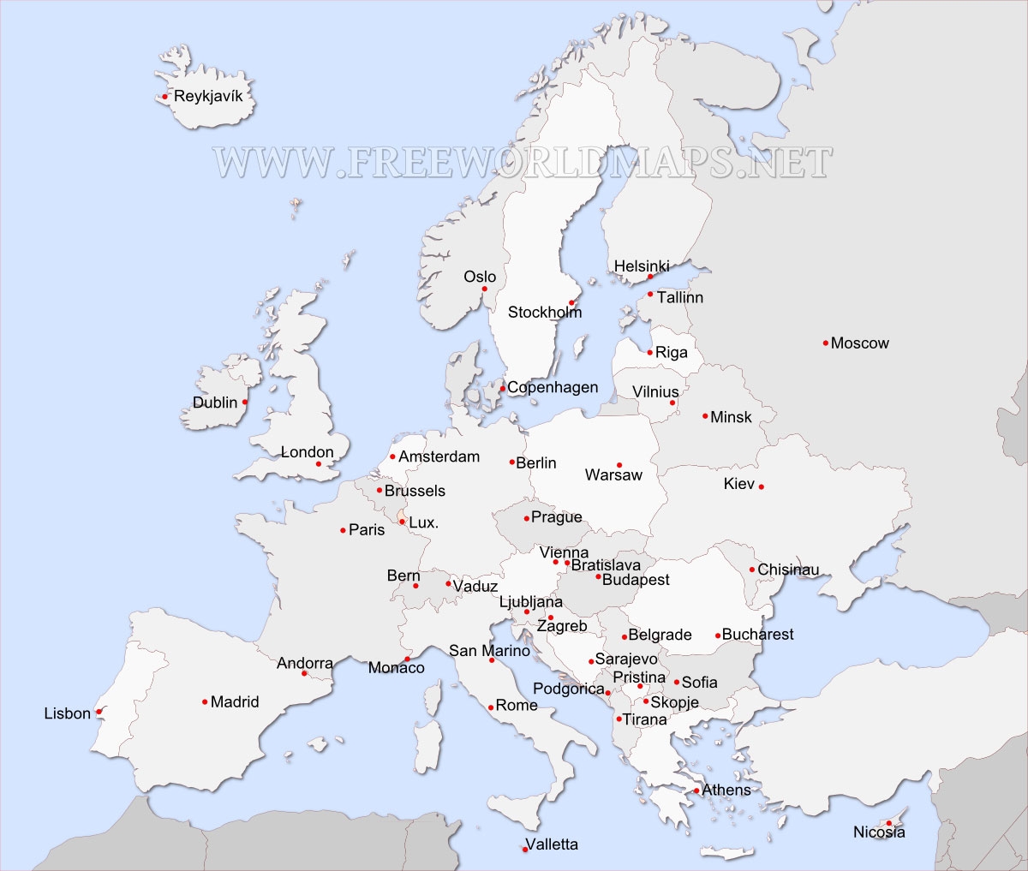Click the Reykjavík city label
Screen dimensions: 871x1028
pyautogui.click(x=208, y=96)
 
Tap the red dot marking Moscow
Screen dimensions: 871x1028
pyautogui.click(x=825, y=343)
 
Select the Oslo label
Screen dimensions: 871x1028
pyautogui.click(x=480, y=277)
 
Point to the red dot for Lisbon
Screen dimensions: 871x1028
pyautogui.click(x=99, y=712)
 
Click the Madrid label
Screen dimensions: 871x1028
pyautogui.click(x=235, y=702)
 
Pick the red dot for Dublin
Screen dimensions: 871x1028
pyautogui.click(x=245, y=402)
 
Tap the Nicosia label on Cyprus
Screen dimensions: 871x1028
pyautogui.click(x=879, y=832)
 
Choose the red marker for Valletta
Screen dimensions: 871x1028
pyautogui.click(x=524, y=850)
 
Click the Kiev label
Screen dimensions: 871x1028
pyautogui.click(x=738, y=484)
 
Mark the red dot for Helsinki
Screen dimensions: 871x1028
pyautogui.click(x=650, y=277)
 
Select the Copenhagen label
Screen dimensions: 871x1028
pyautogui.click(x=553, y=387)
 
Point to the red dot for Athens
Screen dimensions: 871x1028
pyautogui.click(x=696, y=790)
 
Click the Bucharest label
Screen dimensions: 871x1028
pyautogui.click(x=757, y=635)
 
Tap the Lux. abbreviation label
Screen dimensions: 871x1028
pyautogui.click(x=423, y=522)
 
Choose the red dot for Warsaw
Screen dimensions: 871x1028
pyautogui.click(x=619, y=465)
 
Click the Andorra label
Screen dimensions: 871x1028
pyautogui.click(x=305, y=663)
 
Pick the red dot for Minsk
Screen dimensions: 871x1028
pyautogui.click(x=705, y=416)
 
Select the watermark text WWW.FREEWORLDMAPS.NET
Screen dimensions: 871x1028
pyautogui.click(x=523, y=162)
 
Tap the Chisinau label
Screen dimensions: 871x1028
pyautogui.click(x=788, y=570)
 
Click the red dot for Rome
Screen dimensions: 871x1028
pyautogui.click(x=491, y=707)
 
